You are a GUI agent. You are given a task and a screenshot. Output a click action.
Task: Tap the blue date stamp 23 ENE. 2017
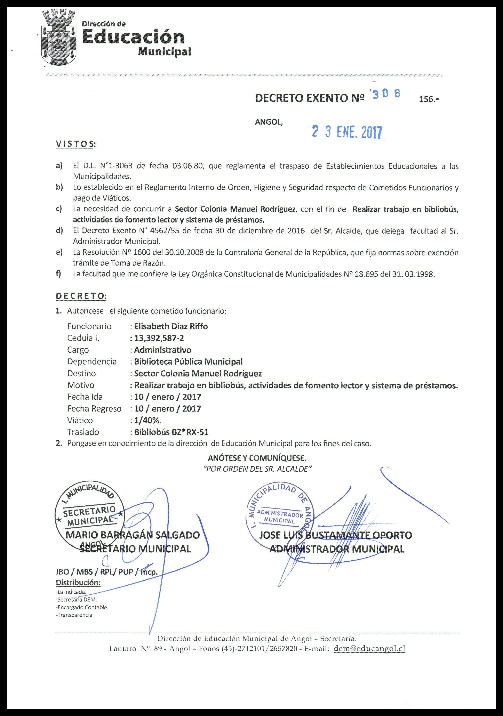tap(347, 132)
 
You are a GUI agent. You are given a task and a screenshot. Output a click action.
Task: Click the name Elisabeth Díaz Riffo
tap(171, 326)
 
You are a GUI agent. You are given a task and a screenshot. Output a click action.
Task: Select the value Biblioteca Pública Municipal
tap(188, 361)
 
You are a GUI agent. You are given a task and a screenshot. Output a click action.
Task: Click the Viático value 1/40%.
tap(147, 420)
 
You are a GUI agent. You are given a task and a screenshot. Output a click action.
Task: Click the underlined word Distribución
tap(78, 582)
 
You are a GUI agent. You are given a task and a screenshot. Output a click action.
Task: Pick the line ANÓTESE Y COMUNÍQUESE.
tap(257, 458)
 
